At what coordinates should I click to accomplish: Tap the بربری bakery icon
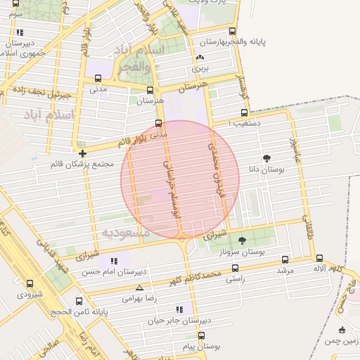coord(201,58)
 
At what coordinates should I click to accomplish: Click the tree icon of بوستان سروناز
coord(243,240)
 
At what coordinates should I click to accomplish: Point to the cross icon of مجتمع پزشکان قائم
coord(83,153)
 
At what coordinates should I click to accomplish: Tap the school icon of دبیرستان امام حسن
coord(114,261)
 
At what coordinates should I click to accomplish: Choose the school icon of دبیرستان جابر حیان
coord(179,309)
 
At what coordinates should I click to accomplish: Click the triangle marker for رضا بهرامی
coord(139,288)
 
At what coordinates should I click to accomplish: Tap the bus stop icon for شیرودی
coord(30,284)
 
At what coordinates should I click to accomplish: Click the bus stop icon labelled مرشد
coord(285,259)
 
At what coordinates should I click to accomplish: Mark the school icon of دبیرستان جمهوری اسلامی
coord(20,32)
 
